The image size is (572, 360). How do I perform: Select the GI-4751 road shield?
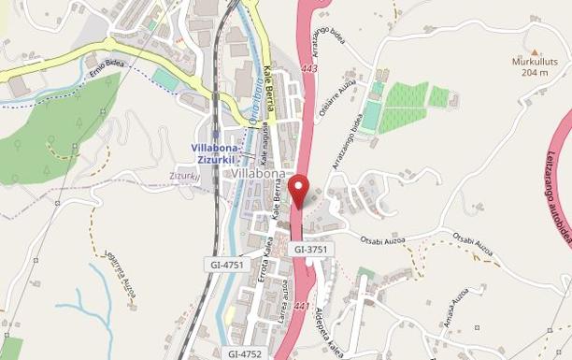click(227, 266)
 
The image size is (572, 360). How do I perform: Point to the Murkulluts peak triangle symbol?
click(535, 52)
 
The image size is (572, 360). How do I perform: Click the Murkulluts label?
click(535, 62)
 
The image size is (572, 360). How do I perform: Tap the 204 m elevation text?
click(535, 72)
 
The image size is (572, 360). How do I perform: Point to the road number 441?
click(301, 307)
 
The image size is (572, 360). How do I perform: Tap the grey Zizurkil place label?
click(185, 176)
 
